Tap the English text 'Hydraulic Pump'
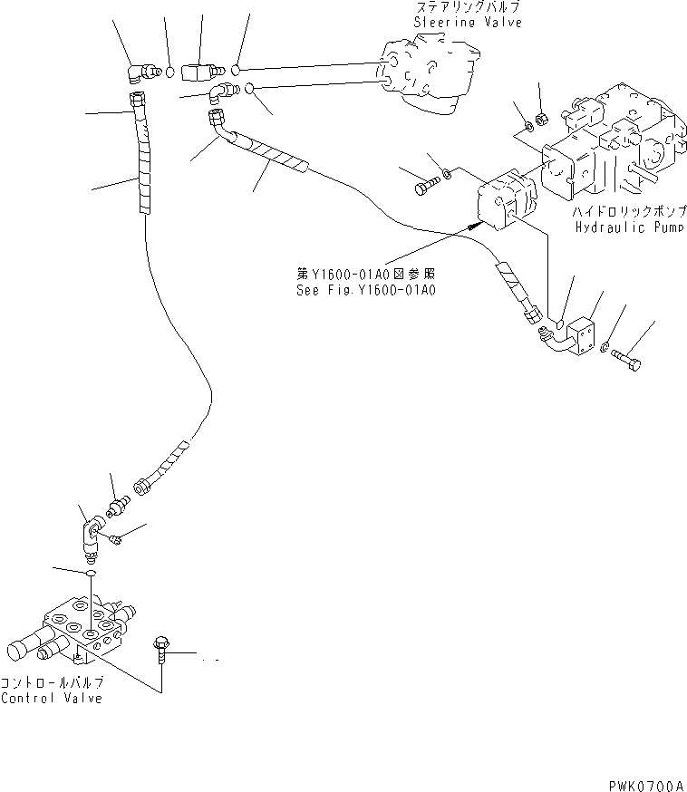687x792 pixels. (x=623, y=227)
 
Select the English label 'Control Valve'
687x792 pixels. (x=52, y=698)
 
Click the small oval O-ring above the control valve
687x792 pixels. (x=91, y=574)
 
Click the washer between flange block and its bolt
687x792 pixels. (x=604, y=347)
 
